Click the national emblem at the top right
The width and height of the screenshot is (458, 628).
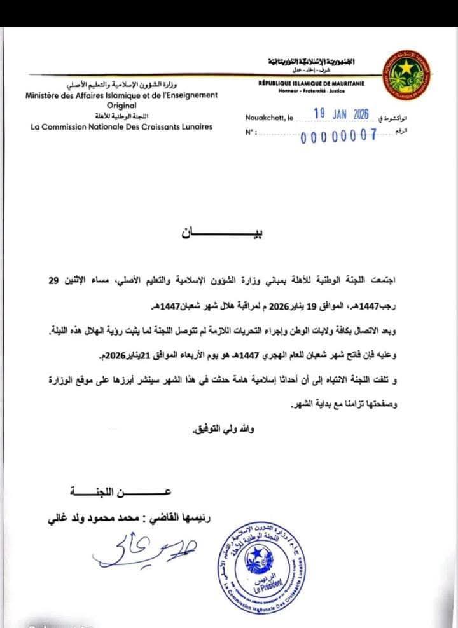coord(405,75)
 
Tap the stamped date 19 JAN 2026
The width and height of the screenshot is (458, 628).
coord(342,114)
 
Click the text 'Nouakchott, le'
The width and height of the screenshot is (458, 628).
coord(269,118)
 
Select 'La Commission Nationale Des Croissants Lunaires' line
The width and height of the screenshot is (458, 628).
coord(121,126)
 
